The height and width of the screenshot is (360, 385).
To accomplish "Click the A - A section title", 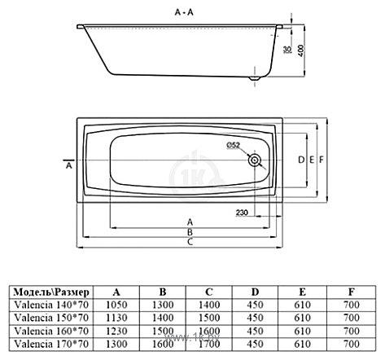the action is pos(184,12).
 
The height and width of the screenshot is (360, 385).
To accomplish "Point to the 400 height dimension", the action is pos(301,50).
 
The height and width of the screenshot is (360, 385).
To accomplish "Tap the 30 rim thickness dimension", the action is pos(287,50).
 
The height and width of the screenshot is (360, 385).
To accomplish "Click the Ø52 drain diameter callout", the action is pos(234,146).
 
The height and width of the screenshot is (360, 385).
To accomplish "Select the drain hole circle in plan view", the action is pos(255,160).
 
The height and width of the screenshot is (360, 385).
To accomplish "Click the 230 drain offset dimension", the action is pos(242,213).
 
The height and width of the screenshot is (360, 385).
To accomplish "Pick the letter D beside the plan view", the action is pos(301,160).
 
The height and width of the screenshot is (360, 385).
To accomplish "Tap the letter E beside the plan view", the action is pos(312,160).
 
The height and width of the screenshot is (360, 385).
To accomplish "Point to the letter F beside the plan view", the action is pos(322,160).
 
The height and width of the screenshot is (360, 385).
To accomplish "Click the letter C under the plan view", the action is pos(190,242).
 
